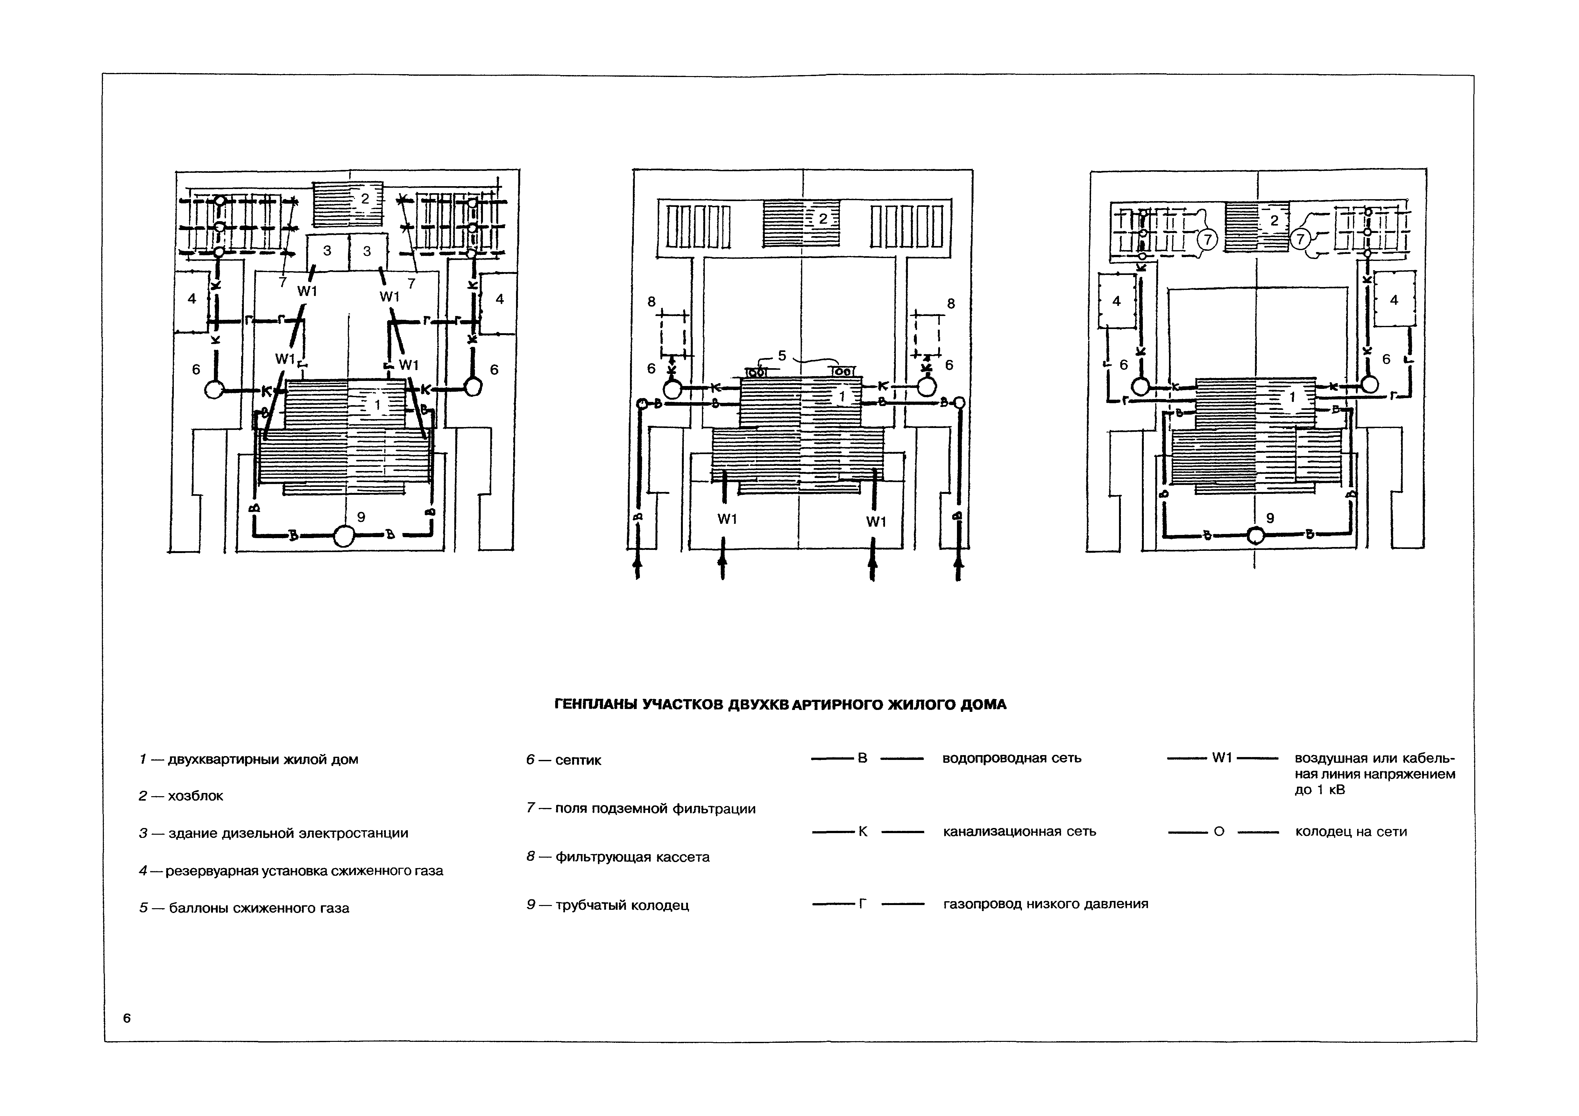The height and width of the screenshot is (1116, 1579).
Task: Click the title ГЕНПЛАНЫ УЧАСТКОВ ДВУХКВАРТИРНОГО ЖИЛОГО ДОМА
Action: click(780, 705)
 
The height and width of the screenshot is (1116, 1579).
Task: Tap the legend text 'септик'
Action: click(578, 761)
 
